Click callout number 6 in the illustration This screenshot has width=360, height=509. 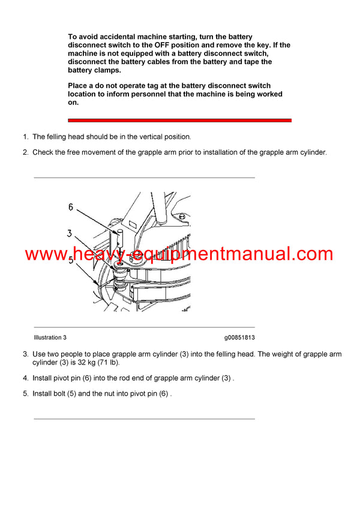click(70, 207)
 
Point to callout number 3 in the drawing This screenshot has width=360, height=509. click(70, 233)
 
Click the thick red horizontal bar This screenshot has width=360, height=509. click(179, 121)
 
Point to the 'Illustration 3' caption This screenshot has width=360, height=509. click(50, 338)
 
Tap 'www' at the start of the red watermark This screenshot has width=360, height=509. click(44, 254)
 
